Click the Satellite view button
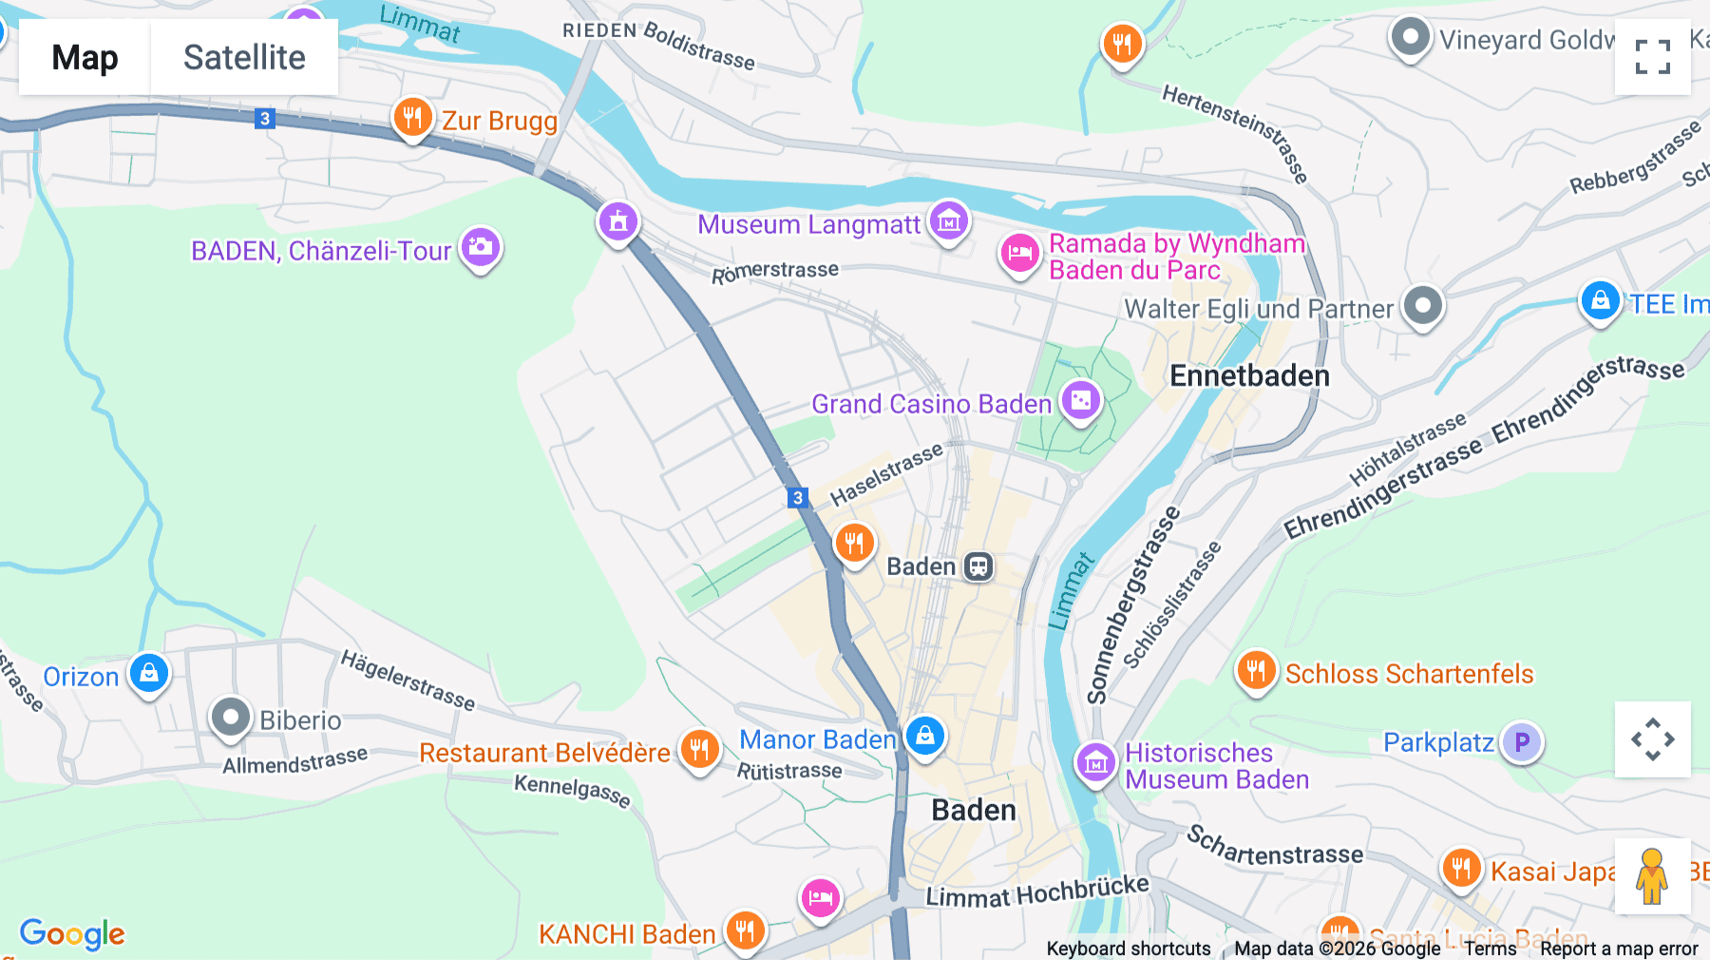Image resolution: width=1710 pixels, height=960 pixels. click(x=244, y=57)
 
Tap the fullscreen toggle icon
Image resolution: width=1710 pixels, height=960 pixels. click(x=1652, y=57)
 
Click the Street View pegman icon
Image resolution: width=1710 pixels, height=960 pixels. click(x=1652, y=876)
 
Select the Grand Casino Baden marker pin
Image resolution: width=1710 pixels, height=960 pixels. click(x=1081, y=401)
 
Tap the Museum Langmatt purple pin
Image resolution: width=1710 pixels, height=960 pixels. click(x=949, y=221)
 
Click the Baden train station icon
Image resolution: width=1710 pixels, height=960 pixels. click(x=978, y=566)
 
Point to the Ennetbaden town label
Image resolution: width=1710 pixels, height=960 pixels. click(x=1248, y=376)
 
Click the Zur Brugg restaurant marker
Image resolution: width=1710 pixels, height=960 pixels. click(x=412, y=119)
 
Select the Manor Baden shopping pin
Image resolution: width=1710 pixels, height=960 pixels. click(x=924, y=737)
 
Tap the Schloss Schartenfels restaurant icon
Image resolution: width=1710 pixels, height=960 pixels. click(x=1256, y=671)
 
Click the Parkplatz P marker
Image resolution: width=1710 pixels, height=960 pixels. click(x=1521, y=742)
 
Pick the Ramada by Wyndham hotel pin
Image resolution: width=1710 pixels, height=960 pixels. click(x=1019, y=254)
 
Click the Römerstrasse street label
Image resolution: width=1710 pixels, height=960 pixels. click(x=774, y=272)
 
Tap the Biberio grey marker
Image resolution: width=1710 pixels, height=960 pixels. click(x=230, y=718)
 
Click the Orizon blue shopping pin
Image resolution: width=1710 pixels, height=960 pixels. click(x=149, y=674)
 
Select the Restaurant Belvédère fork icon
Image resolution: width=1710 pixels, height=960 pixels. click(x=699, y=750)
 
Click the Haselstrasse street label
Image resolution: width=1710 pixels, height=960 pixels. click(x=885, y=474)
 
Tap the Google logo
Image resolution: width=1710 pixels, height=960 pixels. click(x=72, y=933)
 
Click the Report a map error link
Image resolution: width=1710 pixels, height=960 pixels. click(x=1618, y=949)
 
